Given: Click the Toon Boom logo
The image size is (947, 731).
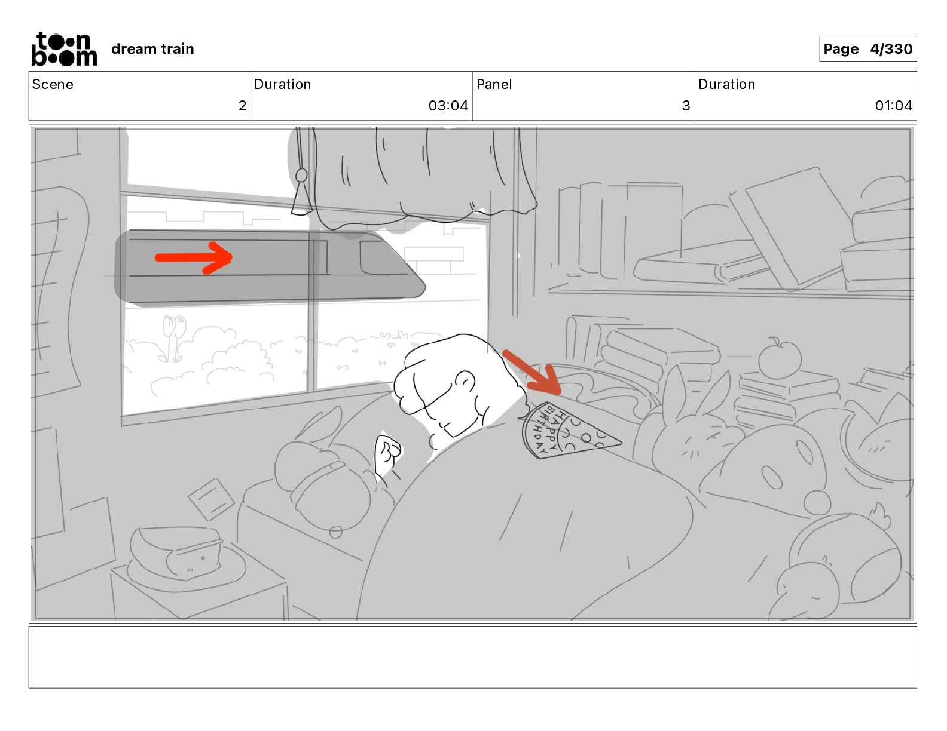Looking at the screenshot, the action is click(65, 49).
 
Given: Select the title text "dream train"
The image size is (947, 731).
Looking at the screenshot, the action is click(152, 49).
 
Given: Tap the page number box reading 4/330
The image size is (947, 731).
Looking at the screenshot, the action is click(867, 49).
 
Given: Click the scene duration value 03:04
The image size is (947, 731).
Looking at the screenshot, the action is click(448, 105).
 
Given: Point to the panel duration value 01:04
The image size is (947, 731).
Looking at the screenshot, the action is click(893, 105).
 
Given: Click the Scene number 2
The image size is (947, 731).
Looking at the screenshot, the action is click(242, 105).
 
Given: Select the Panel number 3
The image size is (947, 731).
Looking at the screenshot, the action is click(686, 105).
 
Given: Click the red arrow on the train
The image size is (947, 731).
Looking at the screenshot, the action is click(194, 258).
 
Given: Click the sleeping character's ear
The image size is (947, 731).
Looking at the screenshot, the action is click(466, 382).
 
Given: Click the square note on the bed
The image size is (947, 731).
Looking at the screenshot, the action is click(212, 499).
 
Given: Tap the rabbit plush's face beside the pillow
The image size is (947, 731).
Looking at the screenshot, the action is click(697, 440).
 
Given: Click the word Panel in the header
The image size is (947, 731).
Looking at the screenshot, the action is click(494, 84).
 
